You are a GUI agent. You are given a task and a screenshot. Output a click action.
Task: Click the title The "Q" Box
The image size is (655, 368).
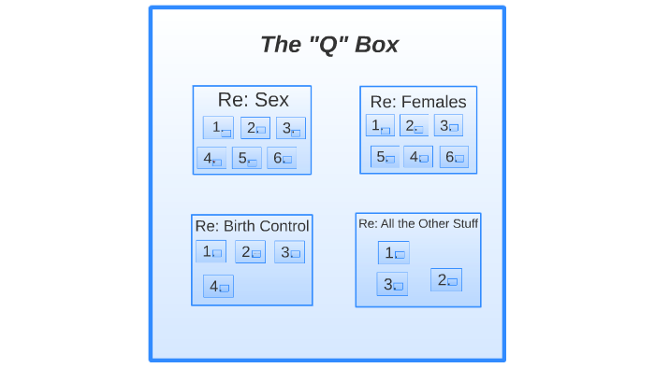point(328,45)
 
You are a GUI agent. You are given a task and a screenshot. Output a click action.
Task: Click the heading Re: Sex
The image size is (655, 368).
point(253,99)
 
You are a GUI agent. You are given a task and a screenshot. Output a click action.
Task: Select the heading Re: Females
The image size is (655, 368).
point(418,102)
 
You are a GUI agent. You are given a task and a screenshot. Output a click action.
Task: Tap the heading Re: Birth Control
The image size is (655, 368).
point(252,226)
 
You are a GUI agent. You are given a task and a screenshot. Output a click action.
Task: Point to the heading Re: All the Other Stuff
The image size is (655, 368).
point(418,223)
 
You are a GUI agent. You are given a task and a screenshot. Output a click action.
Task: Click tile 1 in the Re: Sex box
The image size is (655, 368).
point(218,128)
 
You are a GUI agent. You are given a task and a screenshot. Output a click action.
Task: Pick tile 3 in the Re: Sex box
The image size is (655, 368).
point(290,128)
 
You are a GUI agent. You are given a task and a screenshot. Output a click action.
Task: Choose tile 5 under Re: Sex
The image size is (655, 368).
point(247,159)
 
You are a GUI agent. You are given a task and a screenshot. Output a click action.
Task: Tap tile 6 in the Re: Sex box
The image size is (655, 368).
point(282,159)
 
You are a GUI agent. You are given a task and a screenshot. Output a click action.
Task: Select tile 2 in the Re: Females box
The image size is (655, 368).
point(414,126)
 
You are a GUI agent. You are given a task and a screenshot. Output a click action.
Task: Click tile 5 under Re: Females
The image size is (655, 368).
point(385,157)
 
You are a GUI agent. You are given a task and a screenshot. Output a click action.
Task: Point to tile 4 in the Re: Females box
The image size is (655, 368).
point(418,157)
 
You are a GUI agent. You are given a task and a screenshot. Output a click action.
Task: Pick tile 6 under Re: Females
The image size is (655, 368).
point(454,157)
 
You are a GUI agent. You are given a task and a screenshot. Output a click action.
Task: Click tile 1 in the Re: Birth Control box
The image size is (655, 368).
point(211,251)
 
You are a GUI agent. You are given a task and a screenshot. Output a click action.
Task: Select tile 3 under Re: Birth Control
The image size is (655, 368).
point(289,252)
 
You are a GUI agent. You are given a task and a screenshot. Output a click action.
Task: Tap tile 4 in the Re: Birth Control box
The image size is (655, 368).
point(218,286)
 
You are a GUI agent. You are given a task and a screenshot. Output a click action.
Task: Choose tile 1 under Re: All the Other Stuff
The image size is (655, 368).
point(394,252)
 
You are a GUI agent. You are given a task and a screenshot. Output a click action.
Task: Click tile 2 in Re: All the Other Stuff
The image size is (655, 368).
point(446,279)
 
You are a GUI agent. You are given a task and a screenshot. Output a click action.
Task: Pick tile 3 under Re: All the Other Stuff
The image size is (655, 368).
point(392,284)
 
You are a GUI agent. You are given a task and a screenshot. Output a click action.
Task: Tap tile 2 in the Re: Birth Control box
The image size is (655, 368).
point(250,252)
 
